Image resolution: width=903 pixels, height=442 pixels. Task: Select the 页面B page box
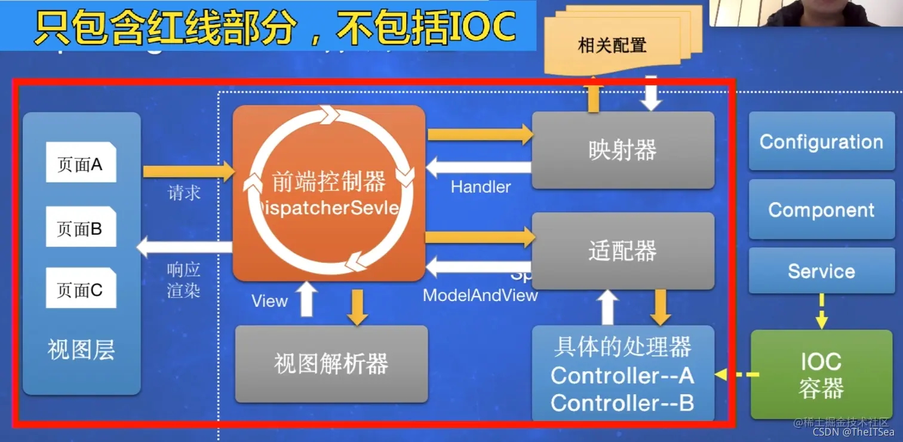(x=81, y=228)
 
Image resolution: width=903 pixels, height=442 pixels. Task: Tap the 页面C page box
(x=81, y=289)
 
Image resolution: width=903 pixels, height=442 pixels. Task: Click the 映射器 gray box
(x=623, y=150)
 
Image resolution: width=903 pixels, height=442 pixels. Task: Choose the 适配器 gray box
(x=623, y=251)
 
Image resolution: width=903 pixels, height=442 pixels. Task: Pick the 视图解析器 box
(x=331, y=364)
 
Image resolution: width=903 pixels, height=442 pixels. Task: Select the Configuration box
(x=821, y=142)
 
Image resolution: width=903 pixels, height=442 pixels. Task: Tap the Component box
(x=821, y=210)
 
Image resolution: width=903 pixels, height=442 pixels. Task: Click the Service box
(x=821, y=271)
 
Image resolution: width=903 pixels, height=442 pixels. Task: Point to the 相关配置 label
(x=612, y=45)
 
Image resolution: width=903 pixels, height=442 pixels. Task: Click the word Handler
(x=481, y=187)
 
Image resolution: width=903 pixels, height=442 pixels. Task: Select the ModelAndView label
(x=481, y=295)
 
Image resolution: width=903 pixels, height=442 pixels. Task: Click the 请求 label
(x=184, y=193)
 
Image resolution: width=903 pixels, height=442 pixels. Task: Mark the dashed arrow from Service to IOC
(x=822, y=311)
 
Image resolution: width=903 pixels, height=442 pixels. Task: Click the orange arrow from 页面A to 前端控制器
(x=189, y=172)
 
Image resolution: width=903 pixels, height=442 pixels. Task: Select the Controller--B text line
(x=622, y=403)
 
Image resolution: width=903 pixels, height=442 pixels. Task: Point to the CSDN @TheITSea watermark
(x=854, y=432)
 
